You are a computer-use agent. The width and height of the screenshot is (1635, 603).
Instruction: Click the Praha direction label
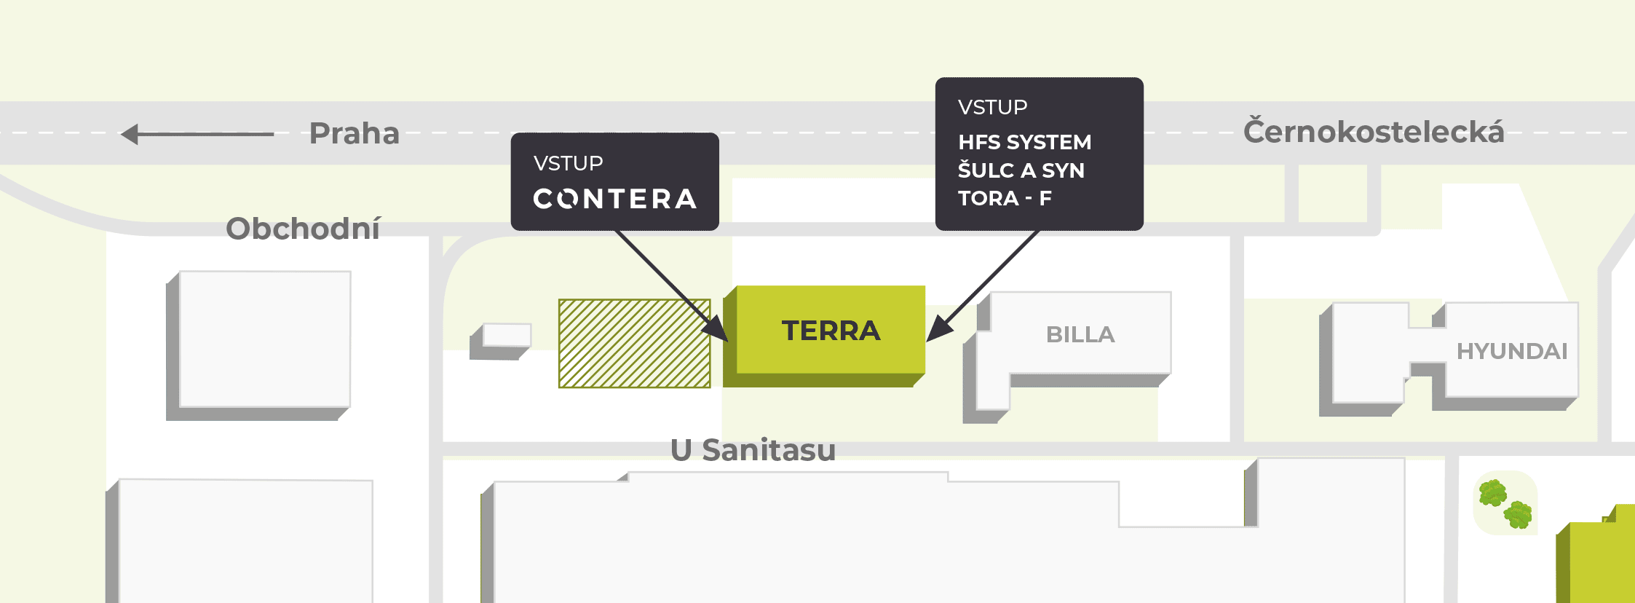coord(355,134)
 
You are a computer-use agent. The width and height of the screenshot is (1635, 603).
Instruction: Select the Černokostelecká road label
coord(1373,132)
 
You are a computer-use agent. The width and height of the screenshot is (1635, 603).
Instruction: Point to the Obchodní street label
coord(303,229)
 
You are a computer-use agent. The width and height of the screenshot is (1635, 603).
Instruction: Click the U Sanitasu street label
coord(753,450)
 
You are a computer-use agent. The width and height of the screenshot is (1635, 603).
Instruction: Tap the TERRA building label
coord(831,331)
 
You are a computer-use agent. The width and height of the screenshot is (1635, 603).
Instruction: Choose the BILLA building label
coord(1080,334)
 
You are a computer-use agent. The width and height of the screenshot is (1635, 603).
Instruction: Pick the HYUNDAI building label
coord(1511,351)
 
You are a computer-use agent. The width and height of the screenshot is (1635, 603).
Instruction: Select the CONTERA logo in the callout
coord(615,199)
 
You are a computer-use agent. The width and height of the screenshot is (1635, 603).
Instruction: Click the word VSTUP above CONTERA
coord(568,163)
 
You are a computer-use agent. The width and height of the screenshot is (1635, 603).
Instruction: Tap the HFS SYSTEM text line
coord(1024,142)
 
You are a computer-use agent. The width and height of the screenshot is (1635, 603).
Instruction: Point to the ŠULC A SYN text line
coord(1021,170)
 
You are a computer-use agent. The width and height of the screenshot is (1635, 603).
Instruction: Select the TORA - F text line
coord(1005,198)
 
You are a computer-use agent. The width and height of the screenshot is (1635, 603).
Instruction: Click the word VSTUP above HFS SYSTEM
coord(992,108)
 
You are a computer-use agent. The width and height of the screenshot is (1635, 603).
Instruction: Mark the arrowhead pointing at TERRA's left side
coord(716,329)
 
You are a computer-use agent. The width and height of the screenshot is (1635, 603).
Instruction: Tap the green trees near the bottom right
coord(1505,503)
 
